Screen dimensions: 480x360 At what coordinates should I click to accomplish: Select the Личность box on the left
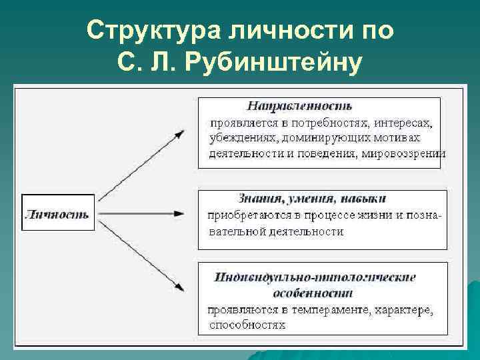coord(57,214)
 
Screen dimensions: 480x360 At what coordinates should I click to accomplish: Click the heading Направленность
coord(299,106)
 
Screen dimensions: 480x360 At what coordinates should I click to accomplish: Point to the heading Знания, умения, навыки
coord(313,199)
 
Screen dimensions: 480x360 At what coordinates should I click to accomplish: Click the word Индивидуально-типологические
coord(315,277)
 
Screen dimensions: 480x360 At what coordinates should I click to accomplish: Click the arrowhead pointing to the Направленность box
coord(179,133)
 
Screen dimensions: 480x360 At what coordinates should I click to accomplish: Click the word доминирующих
coord(317,139)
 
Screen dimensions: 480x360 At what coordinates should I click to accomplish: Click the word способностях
coord(247,325)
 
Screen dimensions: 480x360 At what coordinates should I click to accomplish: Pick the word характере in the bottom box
coord(403,310)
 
